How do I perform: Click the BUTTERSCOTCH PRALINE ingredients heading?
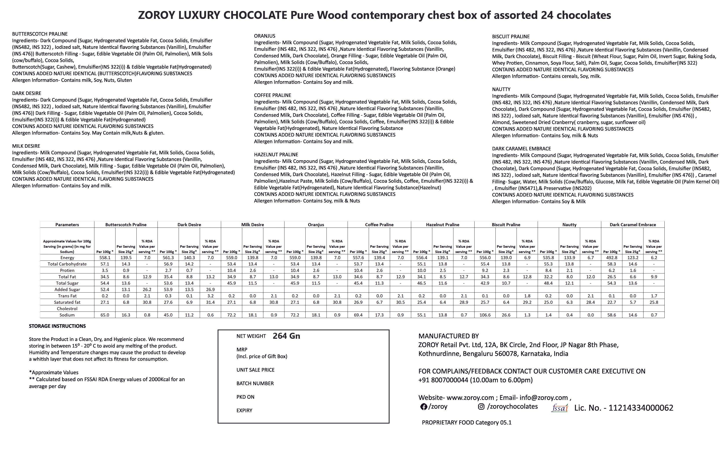click(x=40, y=34)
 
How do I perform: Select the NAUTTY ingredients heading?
click(x=501, y=89)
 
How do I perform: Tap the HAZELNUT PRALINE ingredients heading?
click(x=276, y=155)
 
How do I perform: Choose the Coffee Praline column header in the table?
click(x=379, y=224)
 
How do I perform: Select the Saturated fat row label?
click(x=67, y=302)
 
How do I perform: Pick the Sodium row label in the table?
click(x=67, y=315)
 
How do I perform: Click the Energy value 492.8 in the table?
click(x=611, y=258)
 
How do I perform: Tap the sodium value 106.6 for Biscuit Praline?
click(x=485, y=315)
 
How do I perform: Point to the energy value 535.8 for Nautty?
click(x=548, y=258)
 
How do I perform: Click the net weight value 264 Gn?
click(x=286, y=336)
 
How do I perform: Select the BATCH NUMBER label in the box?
click(x=255, y=383)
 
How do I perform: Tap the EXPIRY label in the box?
click(x=244, y=410)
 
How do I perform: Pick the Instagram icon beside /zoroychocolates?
click(x=481, y=407)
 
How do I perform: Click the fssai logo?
click(x=559, y=408)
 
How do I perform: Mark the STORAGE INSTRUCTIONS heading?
click(x=57, y=326)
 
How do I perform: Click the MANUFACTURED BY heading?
click(x=448, y=336)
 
